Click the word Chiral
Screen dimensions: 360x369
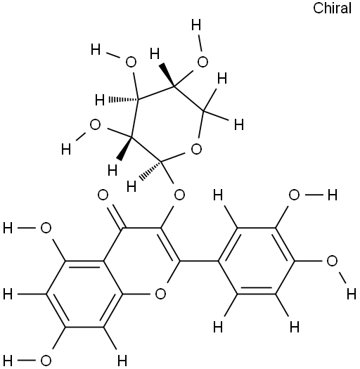(332, 8)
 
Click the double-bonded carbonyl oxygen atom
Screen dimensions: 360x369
(103, 195)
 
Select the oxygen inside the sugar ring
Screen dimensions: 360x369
(196, 149)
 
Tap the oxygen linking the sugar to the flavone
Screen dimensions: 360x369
(179, 195)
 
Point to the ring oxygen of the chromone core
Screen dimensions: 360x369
(160, 294)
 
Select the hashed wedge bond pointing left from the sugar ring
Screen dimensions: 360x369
(123, 100)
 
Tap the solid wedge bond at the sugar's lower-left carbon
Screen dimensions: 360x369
(125, 148)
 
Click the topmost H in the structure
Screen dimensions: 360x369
(196, 25)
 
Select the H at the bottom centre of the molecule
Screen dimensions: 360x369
(122, 361)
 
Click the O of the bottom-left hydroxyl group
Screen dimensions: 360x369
(46, 361)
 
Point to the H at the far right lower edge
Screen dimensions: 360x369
(352, 294)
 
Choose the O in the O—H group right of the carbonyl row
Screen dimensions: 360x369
(294, 195)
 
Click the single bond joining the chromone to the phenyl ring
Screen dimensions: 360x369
(199, 261)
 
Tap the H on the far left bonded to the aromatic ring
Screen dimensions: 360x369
(8, 294)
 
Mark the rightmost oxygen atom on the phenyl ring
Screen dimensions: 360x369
(332, 261)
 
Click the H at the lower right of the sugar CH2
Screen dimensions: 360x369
(239, 124)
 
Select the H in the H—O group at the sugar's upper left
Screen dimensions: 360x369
(96, 50)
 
